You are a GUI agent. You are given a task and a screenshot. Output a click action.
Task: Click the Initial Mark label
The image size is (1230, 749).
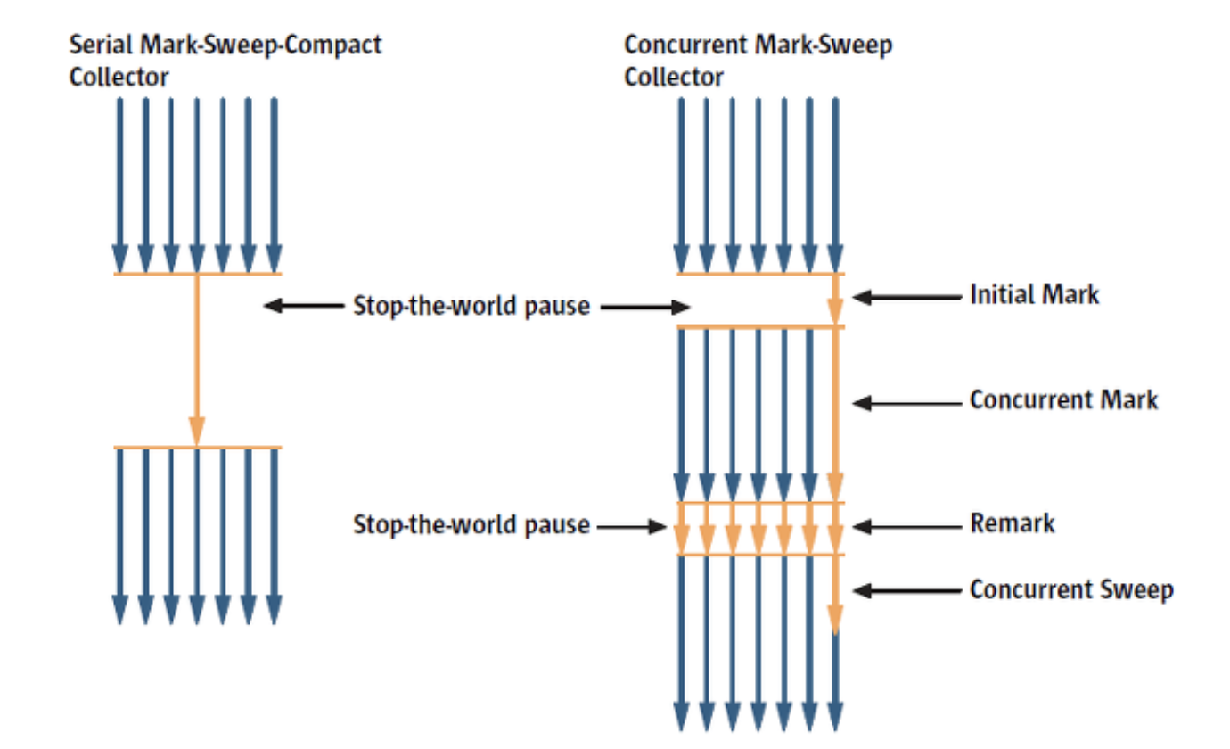(1034, 294)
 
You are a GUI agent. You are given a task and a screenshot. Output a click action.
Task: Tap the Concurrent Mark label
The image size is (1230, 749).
(1063, 399)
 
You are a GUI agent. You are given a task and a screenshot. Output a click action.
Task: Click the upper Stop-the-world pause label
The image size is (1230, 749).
(471, 307)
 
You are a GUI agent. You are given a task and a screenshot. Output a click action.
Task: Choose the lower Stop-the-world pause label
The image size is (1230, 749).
(471, 525)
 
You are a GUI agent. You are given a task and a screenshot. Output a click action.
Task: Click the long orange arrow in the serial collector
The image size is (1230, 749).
(197, 357)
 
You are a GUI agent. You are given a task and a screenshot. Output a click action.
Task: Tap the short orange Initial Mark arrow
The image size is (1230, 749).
(835, 300)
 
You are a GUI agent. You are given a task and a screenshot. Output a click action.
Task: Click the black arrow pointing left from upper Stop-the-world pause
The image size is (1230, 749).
(303, 307)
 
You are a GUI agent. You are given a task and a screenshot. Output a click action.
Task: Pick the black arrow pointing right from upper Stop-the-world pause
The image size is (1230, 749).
(644, 308)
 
